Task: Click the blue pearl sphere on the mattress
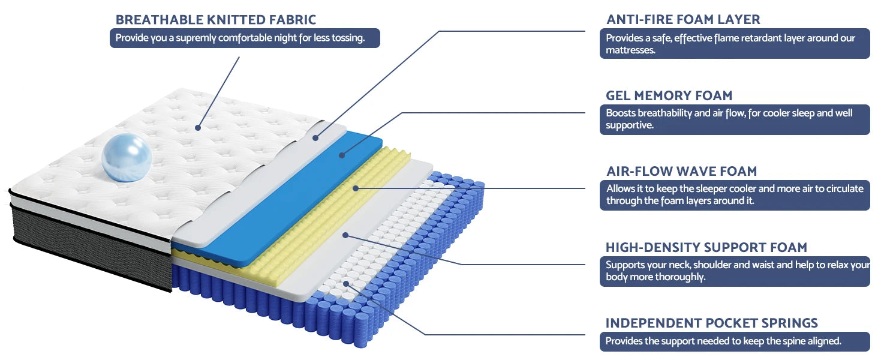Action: click(127, 157)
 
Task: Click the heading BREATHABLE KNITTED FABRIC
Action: click(215, 20)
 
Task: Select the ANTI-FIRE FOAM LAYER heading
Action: click(683, 19)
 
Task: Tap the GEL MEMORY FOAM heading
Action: click(669, 95)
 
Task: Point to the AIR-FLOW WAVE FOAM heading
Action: click(682, 171)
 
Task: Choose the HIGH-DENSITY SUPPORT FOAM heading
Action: click(706, 247)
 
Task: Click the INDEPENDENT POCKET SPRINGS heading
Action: click(711, 323)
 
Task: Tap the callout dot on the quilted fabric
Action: click(198, 128)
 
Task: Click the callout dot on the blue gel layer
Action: click(342, 155)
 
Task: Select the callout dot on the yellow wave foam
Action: click(356, 188)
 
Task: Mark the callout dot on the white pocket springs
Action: click(346, 284)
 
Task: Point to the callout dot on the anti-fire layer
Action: click(315, 137)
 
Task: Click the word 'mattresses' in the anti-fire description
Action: click(630, 50)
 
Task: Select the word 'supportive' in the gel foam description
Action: click(630, 125)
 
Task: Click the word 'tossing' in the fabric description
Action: click(348, 38)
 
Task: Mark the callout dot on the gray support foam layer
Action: click(345, 235)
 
